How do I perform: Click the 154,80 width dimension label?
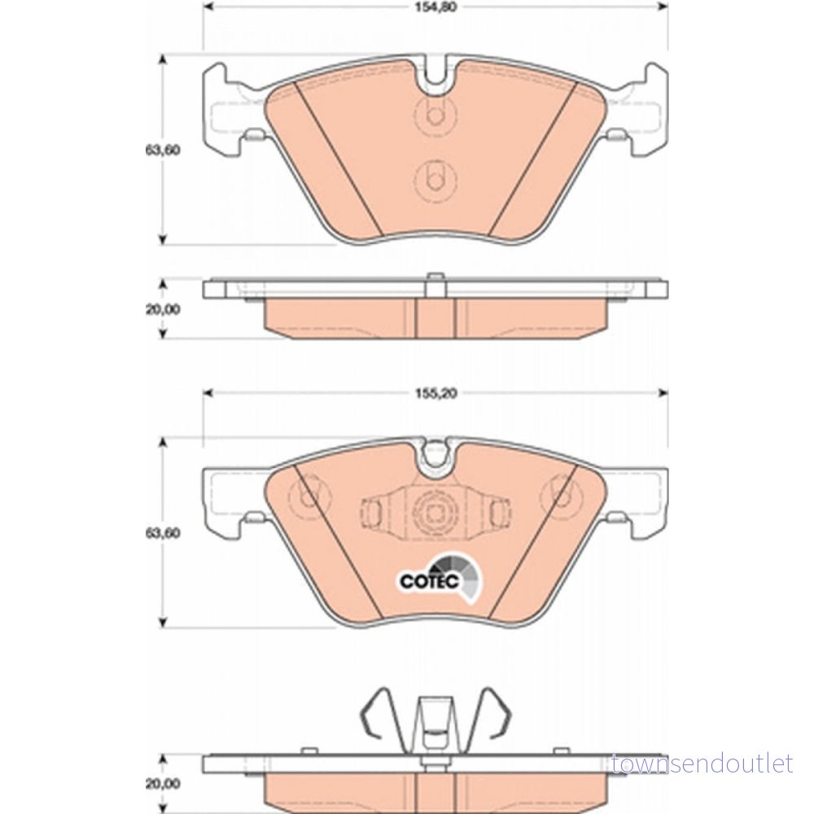[x=435, y=8]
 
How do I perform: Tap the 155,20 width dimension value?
[x=435, y=393]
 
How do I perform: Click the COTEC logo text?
[x=429, y=581]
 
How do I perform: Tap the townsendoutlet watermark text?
[x=702, y=764]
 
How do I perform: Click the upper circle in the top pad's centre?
[x=436, y=114]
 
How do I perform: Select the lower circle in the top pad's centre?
[x=436, y=180]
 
